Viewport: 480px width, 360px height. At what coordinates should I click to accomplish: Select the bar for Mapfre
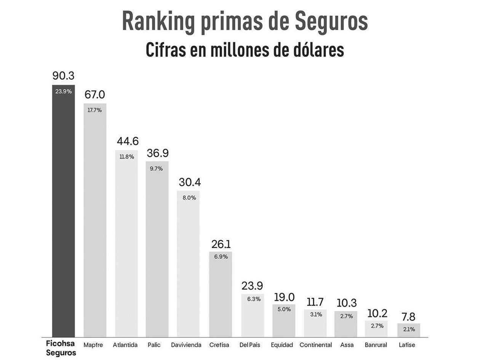[x=95, y=221]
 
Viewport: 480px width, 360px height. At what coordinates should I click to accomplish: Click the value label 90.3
[x=63, y=76]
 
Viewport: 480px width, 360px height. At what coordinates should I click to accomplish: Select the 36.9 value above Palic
[x=157, y=153]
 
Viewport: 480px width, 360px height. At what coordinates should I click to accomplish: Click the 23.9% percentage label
[x=63, y=91]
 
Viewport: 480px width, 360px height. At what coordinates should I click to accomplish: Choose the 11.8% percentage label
[x=126, y=157]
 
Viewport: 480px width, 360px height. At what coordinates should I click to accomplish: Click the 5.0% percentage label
[x=284, y=309]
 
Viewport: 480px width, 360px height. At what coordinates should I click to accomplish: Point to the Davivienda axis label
[x=186, y=345]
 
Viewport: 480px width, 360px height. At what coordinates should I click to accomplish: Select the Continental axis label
[x=315, y=345]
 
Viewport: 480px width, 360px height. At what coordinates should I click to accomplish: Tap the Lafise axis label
[x=407, y=345]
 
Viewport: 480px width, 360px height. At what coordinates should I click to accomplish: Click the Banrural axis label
[x=376, y=345]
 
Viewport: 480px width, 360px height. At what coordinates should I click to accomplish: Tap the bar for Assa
[x=346, y=324]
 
